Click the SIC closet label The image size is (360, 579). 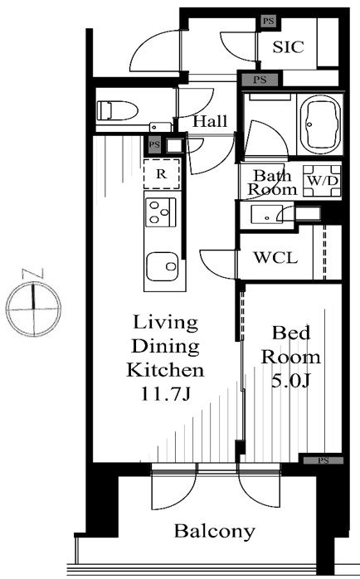point(288,47)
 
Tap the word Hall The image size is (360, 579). point(210,121)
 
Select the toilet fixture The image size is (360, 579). point(118,110)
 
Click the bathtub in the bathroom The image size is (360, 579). point(319,124)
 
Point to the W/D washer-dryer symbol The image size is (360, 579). point(323,181)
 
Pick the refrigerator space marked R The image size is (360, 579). point(162,174)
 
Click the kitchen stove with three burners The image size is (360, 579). point(161,212)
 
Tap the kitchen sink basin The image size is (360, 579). point(162,266)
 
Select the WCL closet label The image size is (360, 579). point(275,257)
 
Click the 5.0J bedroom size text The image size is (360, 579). point(289,381)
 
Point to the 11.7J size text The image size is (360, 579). point(165,394)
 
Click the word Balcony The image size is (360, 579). point(215,532)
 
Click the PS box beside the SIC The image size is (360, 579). point(269,21)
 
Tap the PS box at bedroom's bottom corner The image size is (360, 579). point(324,460)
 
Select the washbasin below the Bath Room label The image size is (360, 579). point(266,215)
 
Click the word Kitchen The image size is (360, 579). point(165,370)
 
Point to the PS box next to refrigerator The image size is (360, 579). point(154,144)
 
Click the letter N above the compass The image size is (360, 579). point(33,274)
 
